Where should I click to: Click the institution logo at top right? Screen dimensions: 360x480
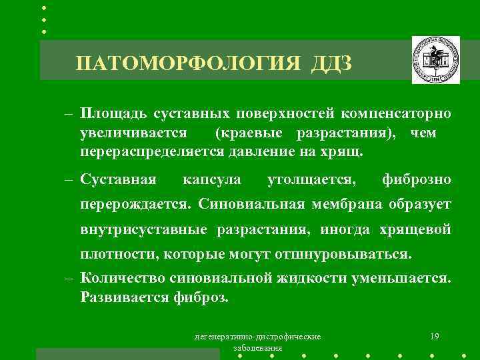coord(435,61)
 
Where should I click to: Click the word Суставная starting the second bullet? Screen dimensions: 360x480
coord(118,179)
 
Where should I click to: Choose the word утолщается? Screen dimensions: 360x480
coord(311,179)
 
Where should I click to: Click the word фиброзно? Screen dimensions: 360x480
coord(417,179)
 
